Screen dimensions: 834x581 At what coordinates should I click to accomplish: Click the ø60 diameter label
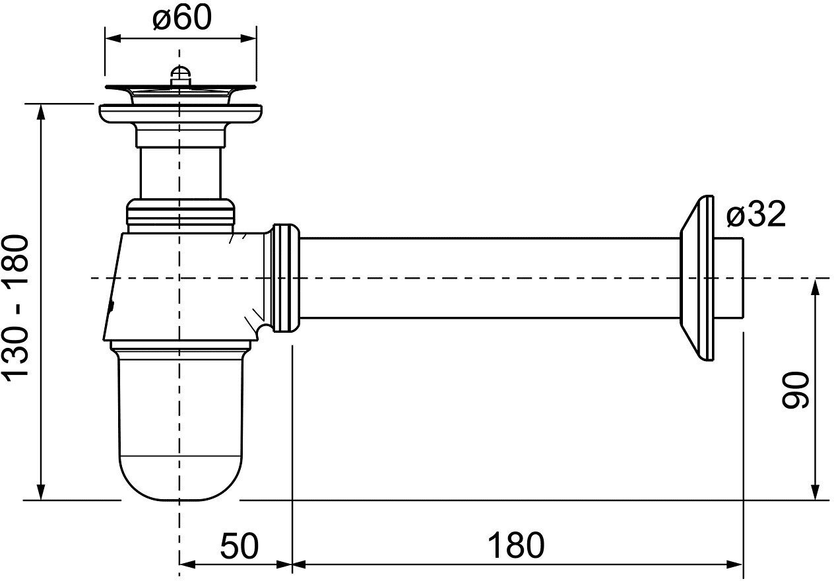181,18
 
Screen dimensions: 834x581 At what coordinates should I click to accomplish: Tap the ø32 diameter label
756,215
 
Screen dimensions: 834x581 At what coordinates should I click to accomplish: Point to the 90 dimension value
794,390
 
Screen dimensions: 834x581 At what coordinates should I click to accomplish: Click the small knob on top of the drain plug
178,75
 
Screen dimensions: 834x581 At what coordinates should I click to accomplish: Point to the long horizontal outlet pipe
488,278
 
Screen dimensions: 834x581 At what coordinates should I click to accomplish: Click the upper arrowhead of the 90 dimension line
816,286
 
